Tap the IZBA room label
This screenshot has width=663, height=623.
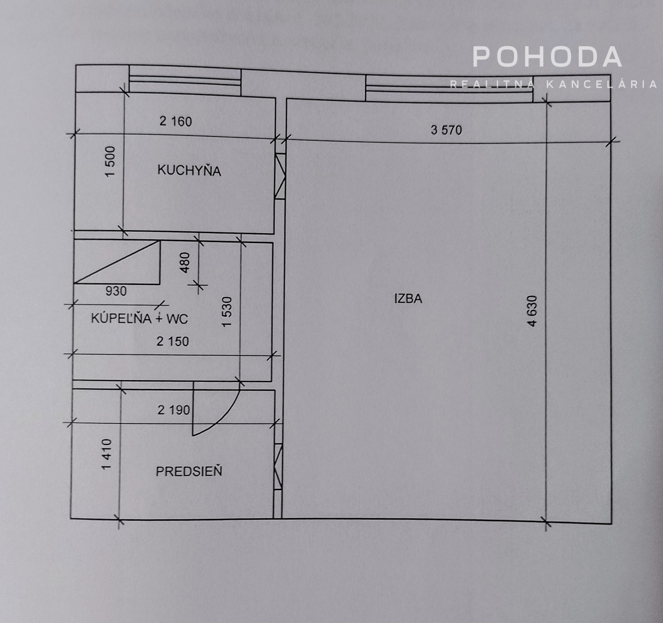tap(408, 299)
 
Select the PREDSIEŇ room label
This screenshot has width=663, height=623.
tap(189, 471)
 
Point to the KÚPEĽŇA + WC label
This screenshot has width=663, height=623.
tap(139, 319)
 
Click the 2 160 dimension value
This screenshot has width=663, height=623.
tap(176, 121)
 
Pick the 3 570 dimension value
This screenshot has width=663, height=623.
tap(446, 130)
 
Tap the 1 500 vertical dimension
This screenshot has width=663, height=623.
tap(110, 162)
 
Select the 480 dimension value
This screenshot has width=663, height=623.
tap(185, 263)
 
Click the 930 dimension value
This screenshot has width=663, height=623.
tap(116, 291)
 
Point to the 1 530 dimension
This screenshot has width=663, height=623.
tap(227, 312)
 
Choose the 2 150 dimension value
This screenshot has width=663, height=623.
tap(173, 341)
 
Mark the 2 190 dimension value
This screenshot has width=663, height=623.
tap(174, 410)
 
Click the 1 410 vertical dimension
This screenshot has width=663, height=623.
tap(106, 454)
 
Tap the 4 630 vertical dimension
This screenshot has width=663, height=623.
tap(532, 311)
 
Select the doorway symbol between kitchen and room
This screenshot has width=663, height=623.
tap(280, 176)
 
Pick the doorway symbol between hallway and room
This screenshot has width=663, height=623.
tap(278, 467)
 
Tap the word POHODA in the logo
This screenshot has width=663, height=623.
tap(547, 57)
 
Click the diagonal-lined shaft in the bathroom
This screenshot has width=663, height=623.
tap(117, 262)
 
